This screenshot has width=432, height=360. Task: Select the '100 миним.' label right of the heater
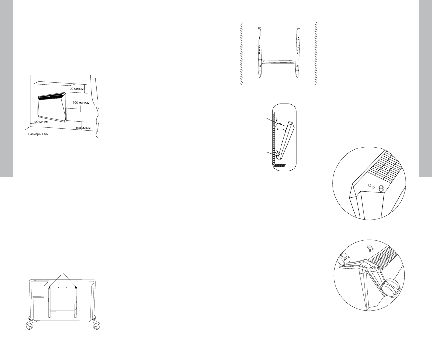pos(82,103)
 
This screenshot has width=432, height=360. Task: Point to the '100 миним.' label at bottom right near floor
pos(84,128)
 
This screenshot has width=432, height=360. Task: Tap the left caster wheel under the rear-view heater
pos(30,326)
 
